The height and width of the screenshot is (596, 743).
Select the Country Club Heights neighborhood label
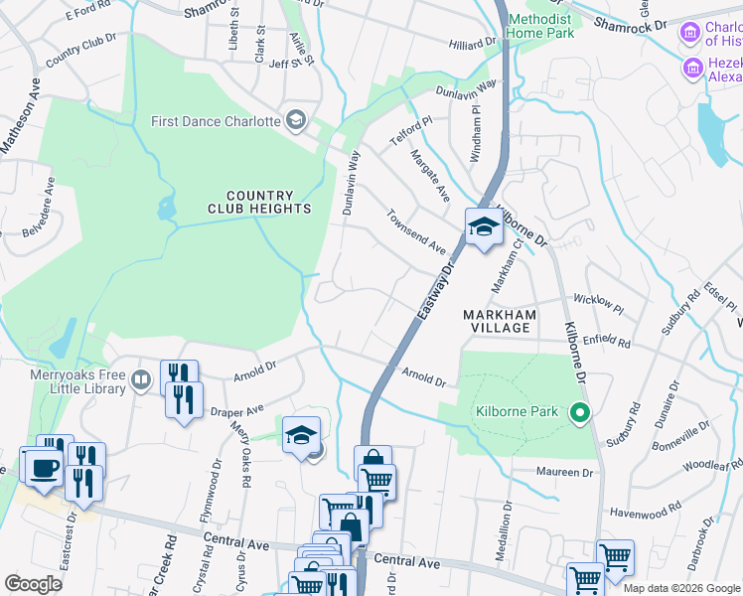(259, 203)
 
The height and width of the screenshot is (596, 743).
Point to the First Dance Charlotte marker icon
(295, 121)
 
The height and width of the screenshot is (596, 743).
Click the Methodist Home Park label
(541, 27)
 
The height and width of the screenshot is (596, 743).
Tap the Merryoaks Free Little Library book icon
(141, 379)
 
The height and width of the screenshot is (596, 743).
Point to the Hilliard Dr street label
(471, 44)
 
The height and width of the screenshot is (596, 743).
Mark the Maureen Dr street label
(564, 471)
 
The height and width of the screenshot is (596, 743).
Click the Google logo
(35, 584)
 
